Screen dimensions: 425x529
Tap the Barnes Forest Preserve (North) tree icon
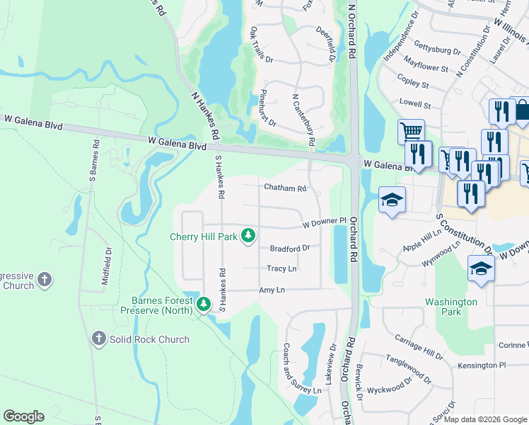click(204, 304)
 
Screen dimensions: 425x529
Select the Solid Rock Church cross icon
click(99, 339)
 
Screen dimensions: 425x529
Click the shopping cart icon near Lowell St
click(410, 132)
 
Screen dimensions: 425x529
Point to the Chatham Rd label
click(285, 188)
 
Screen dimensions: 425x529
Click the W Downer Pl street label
click(323, 223)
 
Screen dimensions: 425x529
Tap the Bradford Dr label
click(290, 248)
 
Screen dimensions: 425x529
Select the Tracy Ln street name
click(281, 268)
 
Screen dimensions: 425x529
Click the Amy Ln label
click(272, 290)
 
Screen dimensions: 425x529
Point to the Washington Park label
click(452, 307)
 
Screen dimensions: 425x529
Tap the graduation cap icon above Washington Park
click(481, 268)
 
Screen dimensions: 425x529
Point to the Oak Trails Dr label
click(261, 45)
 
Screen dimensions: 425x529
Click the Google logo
click(23, 416)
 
